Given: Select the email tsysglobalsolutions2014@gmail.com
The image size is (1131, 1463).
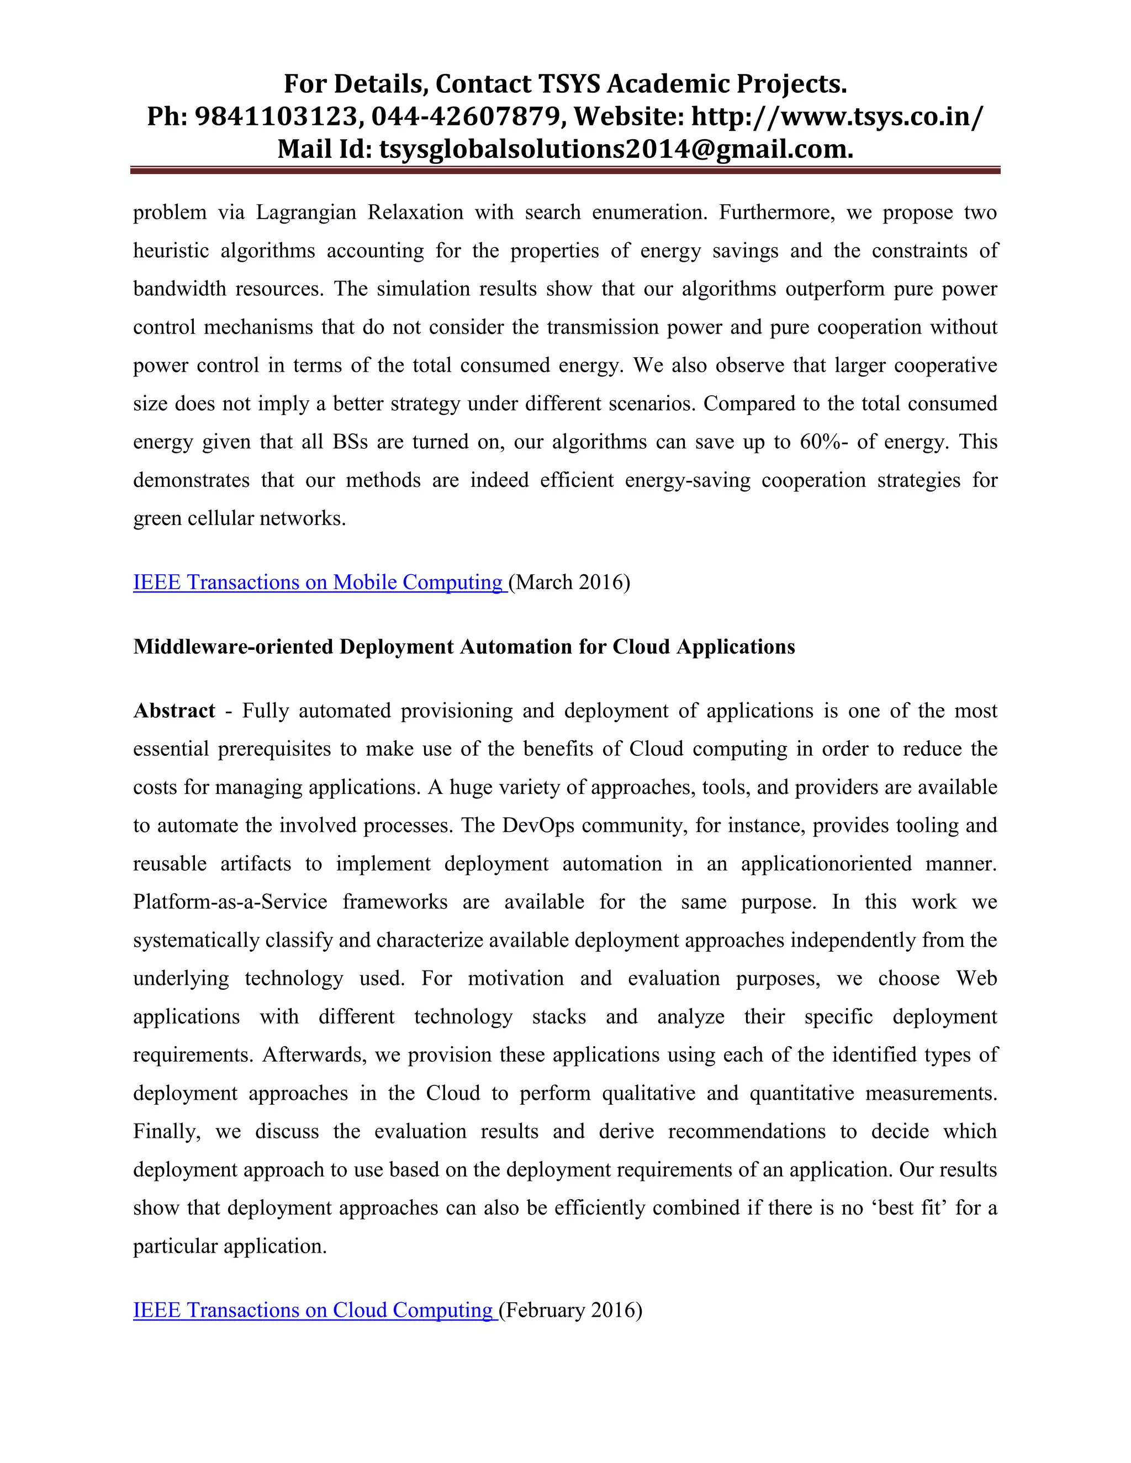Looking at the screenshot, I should (616, 149).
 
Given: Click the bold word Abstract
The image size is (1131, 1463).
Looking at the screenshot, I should (174, 711).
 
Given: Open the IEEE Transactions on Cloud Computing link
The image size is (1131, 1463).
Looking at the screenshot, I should (314, 1310).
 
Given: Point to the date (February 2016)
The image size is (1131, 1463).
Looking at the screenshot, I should (570, 1310).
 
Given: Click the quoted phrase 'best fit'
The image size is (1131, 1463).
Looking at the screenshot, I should (908, 1208).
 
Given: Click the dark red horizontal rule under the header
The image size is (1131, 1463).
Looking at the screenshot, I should (565, 171).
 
